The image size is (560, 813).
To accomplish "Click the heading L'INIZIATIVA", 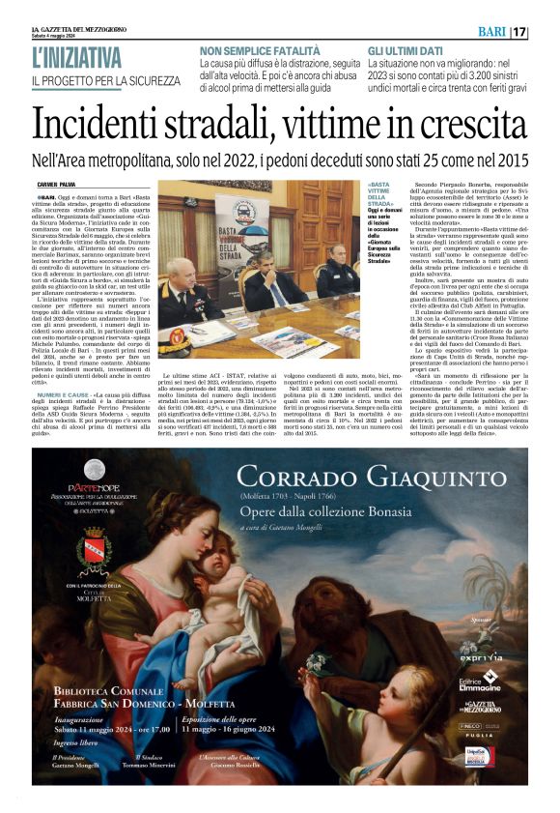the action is coord(77,59).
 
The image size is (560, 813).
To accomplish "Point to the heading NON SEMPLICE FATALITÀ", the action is coord(259,50).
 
